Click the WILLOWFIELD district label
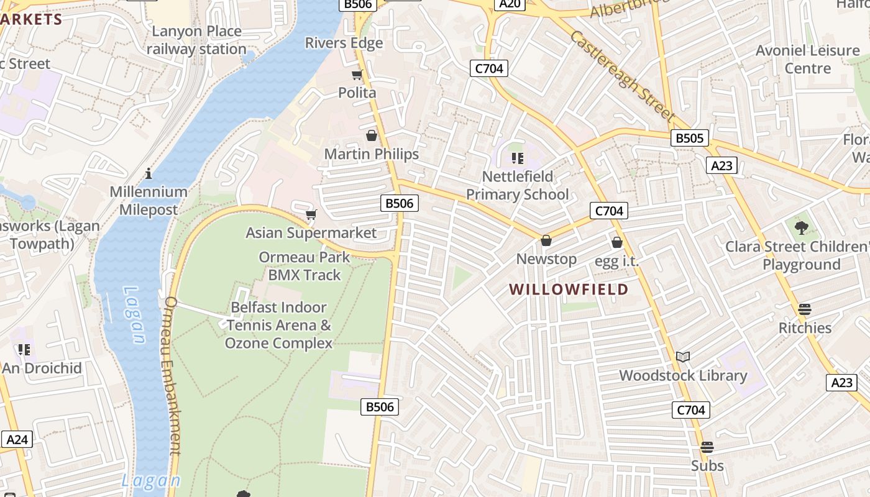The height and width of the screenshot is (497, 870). pyautogui.click(x=569, y=290)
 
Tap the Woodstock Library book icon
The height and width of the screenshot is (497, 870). pyautogui.click(x=683, y=357)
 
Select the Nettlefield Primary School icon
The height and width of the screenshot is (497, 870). pyautogui.click(x=517, y=158)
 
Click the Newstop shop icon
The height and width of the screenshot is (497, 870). pyautogui.click(x=546, y=240)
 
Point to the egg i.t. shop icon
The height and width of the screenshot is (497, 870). pyautogui.click(x=617, y=242)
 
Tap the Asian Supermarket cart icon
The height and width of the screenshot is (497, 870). pyautogui.click(x=311, y=214)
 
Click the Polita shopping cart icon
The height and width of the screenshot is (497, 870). pyautogui.click(x=357, y=75)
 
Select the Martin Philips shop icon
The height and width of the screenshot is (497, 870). pyautogui.click(x=372, y=135)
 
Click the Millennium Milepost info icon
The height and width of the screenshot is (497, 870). pyautogui.click(x=149, y=173)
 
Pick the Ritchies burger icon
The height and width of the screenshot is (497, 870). pyautogui.click(x=805, y=309)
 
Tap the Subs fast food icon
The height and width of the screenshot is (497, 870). pyautogui.click(x=707, y=447)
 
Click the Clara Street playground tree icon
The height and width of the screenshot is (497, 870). pyautogui.click(x=801, y=227)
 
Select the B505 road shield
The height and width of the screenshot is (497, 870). pyautogui.click(x=690, y=138)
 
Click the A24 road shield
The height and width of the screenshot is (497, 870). pyautogui.click(x=17, y=440)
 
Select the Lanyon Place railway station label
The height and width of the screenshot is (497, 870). pyautogui.click(x=197, y=40)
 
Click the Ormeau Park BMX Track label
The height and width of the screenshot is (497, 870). pyautogui.click(x=304, y=266)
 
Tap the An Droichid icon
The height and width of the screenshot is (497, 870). pyautogui.click(x=24, y=350)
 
